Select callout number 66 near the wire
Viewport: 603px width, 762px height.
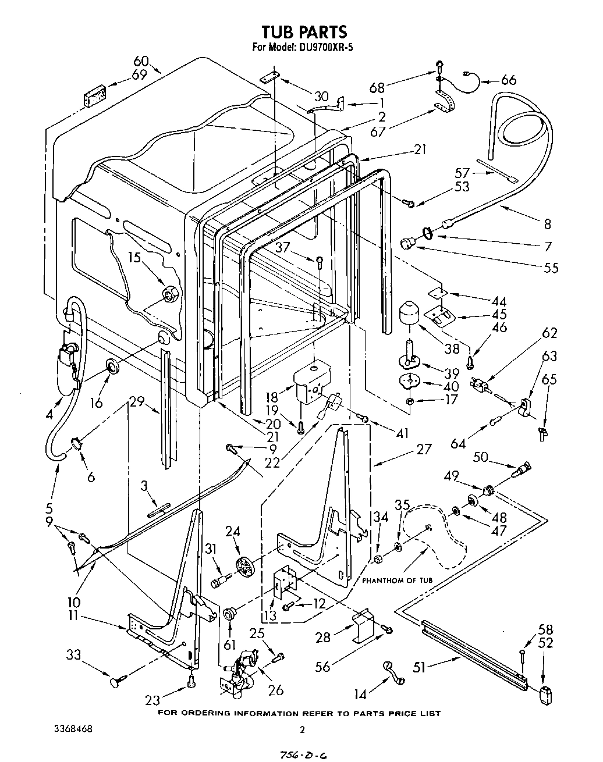coord(508,80)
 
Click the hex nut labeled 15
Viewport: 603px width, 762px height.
coord(169,295)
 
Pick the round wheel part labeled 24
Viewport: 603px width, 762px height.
coord(246,566)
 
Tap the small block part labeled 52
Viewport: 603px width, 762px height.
coord(545,695)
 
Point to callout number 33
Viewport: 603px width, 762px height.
coord(73,655)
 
